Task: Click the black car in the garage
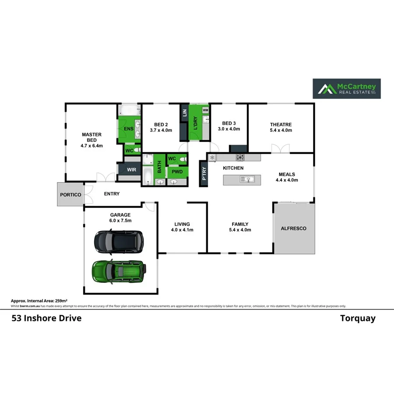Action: coord(119,241)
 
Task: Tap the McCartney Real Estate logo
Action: coord(346,89)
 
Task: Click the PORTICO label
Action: coord(70,194)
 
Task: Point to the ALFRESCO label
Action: coord(293,229)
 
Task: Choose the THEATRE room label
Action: coord(281,125)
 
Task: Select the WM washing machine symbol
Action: coord(205,110)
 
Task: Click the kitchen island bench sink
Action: coord(246,179)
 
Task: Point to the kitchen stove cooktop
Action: coord(240,157)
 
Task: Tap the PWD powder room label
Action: coord(177,172)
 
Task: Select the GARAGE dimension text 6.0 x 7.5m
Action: coord(120,221)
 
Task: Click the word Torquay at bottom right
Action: coord(358,318)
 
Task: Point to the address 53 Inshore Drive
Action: coord(46,318)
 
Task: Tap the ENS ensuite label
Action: coord(128,129)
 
